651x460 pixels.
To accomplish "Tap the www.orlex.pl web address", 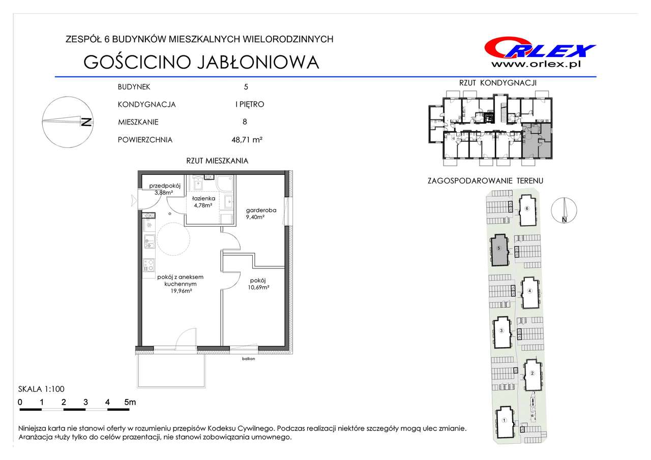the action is coord(536,65).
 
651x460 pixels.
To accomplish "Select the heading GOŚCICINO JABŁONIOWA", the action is coord(201,62).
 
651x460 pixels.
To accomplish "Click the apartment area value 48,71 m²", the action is coord(247,140).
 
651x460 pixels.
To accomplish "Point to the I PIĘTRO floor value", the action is coord(250,104).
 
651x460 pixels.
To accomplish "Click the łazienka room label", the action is coord(203,198).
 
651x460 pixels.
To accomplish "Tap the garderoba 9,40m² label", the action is coord(261,213).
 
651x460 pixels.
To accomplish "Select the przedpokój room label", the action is coord(165,186).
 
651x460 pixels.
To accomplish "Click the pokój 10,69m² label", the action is coord(258,284).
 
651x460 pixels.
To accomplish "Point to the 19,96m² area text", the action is coord(181,291).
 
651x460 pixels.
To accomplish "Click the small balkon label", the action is coord(249,359).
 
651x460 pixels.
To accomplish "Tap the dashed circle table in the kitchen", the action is coord(173,239).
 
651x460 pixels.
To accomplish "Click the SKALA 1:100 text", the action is coord(41,389).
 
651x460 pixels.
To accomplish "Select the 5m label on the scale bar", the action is coord(130,402).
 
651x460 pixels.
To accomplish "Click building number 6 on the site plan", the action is coord(527,208).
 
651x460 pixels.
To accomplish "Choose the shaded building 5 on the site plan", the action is coord(499,250).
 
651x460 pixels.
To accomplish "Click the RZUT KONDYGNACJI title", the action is coord(497,83).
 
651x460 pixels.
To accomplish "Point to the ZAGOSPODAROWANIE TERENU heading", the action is coord(485,180).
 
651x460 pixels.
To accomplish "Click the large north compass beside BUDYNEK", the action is coord(68,122).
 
